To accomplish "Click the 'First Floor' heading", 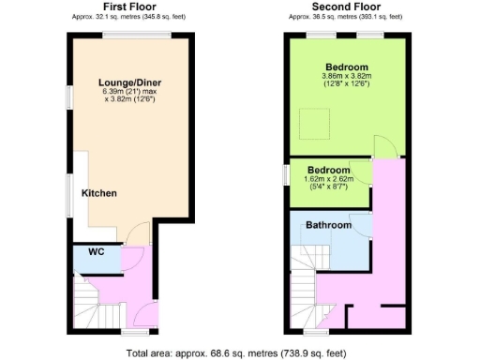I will [130, 7].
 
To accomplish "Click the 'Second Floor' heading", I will [345, 7].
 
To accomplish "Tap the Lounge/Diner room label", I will [130, 82].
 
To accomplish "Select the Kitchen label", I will [98, 193].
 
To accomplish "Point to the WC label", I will [96, 252].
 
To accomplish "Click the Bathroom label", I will [328, 226].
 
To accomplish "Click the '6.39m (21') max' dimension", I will [130, 93].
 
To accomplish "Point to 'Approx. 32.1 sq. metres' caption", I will [130, 17].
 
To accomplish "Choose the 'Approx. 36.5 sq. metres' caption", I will [345, 17].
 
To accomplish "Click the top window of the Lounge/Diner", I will [137, 36].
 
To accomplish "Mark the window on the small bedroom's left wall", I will [287, 174].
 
